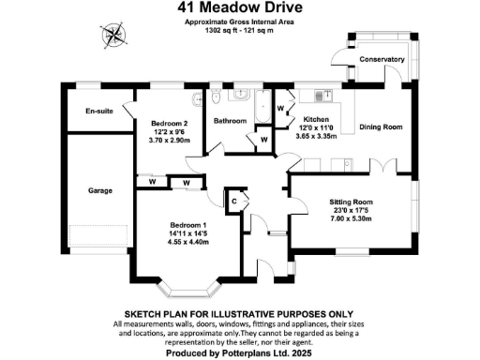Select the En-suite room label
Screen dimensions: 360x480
98,111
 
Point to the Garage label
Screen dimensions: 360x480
100,190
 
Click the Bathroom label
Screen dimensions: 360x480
230,121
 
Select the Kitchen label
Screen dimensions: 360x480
315,120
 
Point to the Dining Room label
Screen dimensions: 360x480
382,127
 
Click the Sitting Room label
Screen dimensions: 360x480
351,202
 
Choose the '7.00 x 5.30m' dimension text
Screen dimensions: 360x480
351,218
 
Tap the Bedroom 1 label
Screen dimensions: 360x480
188,225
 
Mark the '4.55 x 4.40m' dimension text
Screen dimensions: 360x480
188,242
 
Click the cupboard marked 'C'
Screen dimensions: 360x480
234,198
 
